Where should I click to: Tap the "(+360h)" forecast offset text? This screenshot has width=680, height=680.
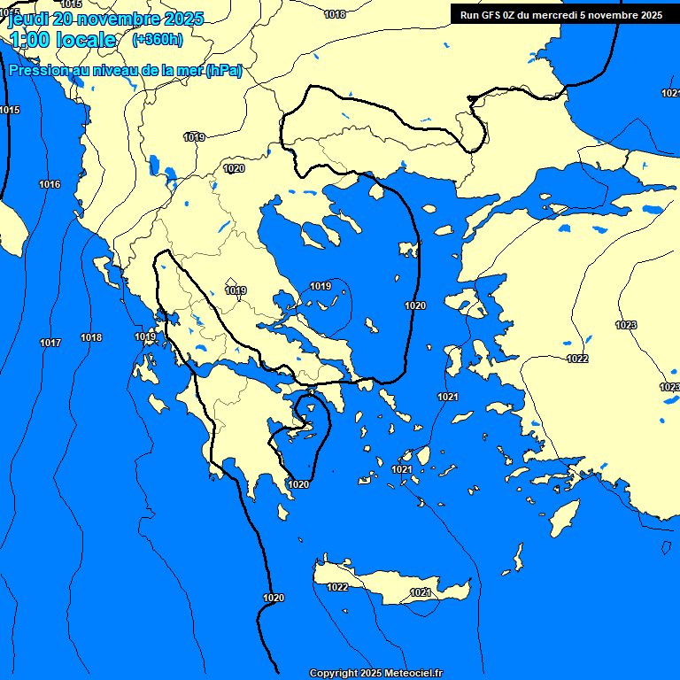158,40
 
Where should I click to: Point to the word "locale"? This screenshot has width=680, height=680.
86,40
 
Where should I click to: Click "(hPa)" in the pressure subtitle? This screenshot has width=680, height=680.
224,71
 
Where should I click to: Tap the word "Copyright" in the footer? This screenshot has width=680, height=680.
333,674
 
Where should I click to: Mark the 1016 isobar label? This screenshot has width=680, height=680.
50,184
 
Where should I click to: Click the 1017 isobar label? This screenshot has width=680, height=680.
50,343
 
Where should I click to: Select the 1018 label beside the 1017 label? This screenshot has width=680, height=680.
91,337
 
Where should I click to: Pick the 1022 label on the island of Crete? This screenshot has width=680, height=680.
337,587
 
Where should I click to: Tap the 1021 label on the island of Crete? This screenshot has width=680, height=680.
421,592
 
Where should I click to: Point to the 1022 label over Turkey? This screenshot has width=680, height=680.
577,359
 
